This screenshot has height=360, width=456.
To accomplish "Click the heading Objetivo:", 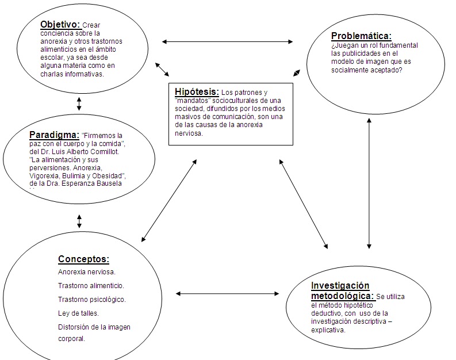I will point(60,25).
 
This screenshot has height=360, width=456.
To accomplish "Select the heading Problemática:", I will point(361,36).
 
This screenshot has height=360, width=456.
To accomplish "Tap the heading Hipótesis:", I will point(197,91).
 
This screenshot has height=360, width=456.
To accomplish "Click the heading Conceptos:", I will point(83,259).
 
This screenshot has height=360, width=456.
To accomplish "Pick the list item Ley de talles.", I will point(78,313).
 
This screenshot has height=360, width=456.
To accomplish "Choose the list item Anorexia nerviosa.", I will point(86,271).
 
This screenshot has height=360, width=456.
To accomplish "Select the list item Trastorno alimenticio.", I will point(91,285).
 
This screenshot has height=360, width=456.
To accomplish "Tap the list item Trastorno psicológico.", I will point(91,299).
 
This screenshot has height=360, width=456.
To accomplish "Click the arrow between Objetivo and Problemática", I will point(227,41).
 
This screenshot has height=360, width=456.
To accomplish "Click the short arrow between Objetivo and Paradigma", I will point(79,104).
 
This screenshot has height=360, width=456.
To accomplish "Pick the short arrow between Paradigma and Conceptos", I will point(79,221).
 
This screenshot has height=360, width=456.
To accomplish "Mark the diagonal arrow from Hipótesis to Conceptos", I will point(169,200).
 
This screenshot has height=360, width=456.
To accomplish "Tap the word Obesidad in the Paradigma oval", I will point(108,175).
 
